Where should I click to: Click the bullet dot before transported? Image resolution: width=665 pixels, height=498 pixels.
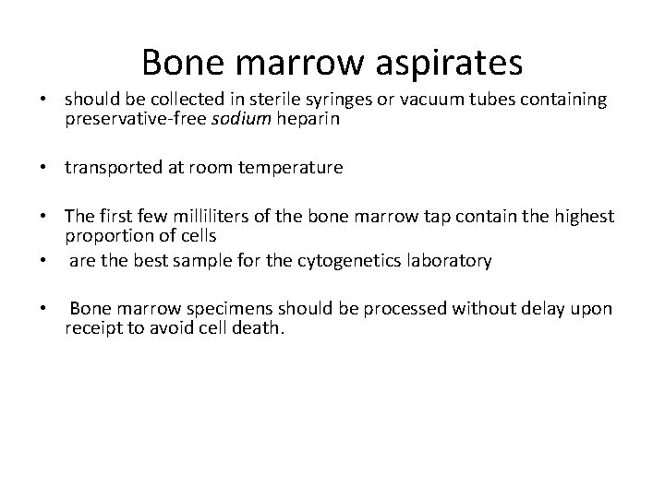click(x=42, y=167)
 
